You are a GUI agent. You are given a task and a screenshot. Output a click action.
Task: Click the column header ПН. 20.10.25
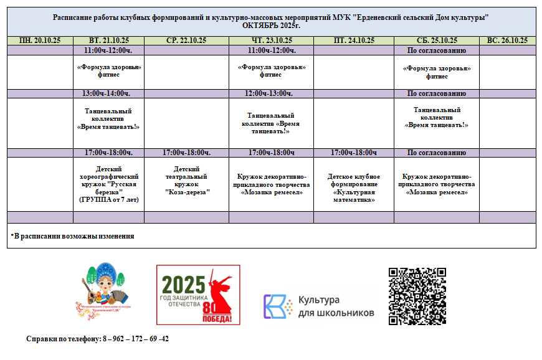click(40, 40)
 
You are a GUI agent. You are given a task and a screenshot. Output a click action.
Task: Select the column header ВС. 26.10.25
click(507, 40)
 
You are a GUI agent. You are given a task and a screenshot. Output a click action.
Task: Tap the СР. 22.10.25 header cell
click(186, 40)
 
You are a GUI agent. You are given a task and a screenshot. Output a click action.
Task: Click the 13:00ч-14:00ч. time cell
click(108, 93)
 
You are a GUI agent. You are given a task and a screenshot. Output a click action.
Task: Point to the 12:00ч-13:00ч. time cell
click(271, 93)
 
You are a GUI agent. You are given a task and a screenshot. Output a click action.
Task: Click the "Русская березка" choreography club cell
click(108, 184)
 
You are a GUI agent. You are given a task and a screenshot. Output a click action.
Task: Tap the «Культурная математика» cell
click(353, 188)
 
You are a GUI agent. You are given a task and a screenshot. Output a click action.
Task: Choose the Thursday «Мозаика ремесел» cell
click(271, 184)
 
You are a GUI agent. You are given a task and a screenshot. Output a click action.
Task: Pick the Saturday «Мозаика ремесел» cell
click(436, 184)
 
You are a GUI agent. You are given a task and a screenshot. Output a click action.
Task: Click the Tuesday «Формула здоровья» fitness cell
click(108, 71)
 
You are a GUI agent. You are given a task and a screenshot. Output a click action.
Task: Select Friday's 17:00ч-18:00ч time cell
click(353, 153)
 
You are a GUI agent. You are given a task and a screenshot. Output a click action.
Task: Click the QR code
click(417, 296)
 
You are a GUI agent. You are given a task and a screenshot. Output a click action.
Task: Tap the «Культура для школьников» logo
click(318, 306)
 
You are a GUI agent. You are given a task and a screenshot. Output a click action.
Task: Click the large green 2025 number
click(183, 285)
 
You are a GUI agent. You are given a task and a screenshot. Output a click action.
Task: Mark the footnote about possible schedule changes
click(72, 236)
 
